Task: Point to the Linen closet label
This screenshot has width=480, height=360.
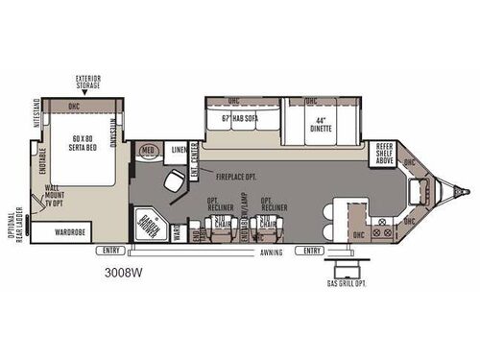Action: [180, 152]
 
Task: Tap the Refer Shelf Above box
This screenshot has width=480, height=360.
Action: [384, 153]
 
